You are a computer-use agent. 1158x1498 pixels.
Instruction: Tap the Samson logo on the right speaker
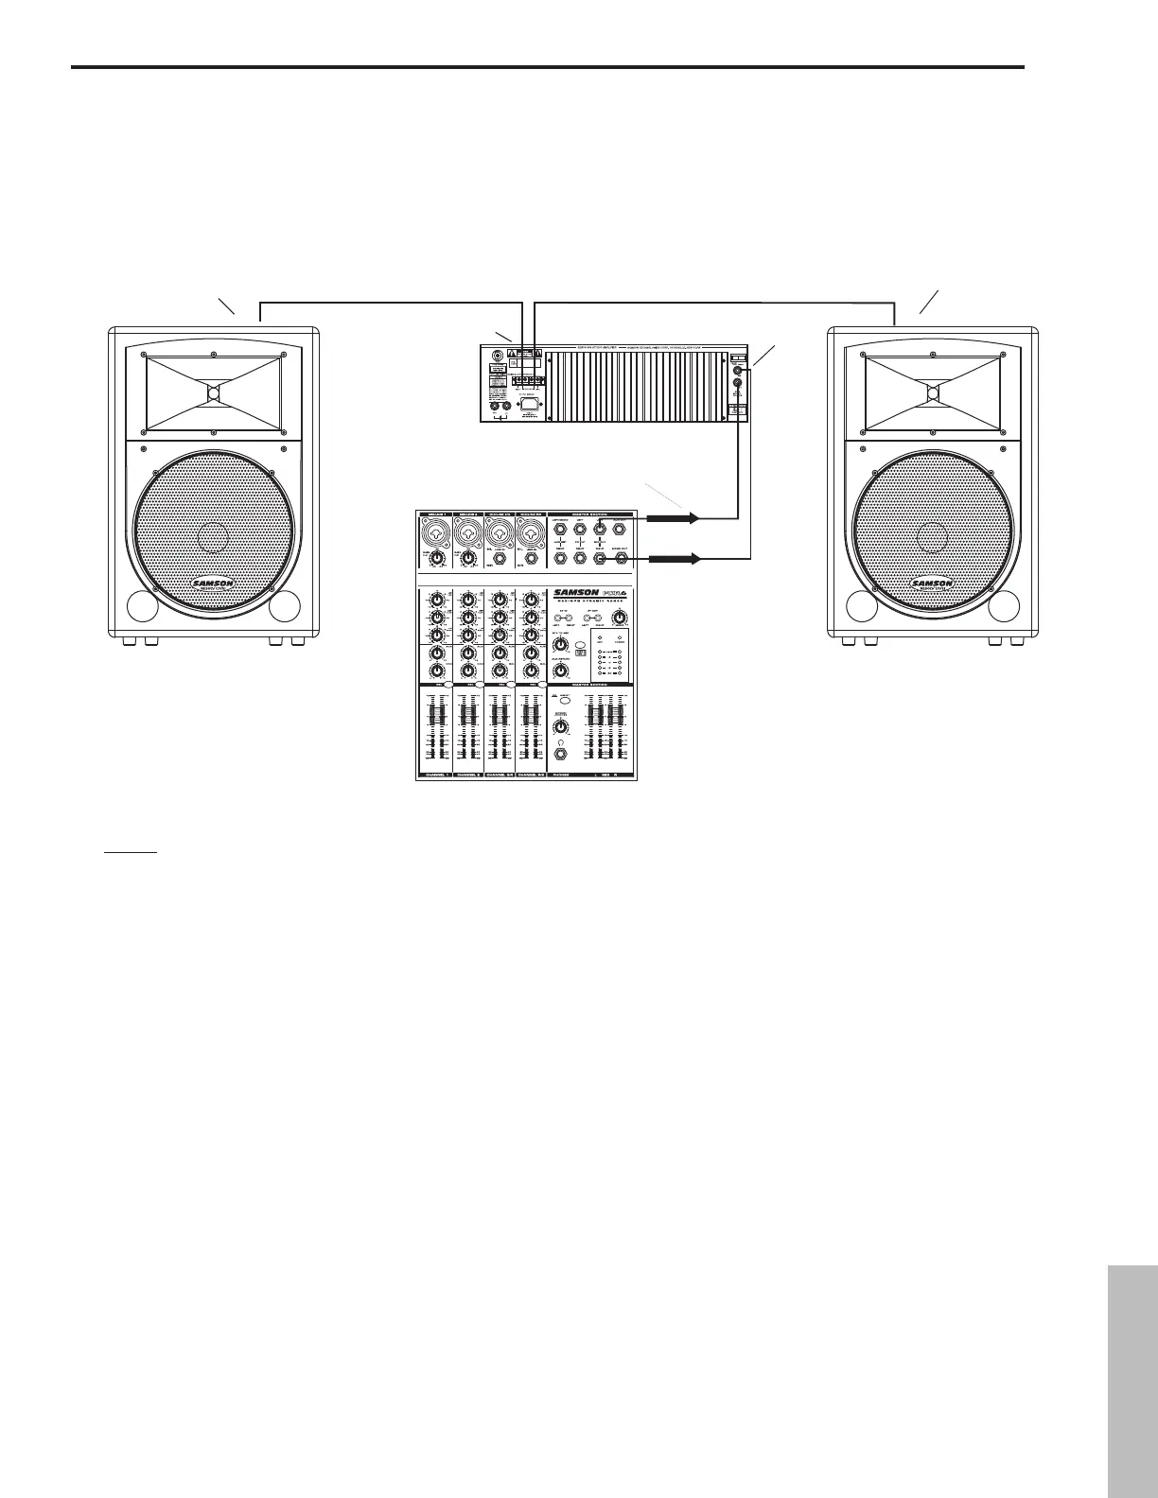(932, 584)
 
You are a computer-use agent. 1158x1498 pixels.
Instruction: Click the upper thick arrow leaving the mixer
(673, 518)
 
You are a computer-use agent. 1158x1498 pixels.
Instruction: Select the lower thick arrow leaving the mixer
(673, 560)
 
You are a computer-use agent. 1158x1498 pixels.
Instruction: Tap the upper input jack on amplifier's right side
(738, 374)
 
